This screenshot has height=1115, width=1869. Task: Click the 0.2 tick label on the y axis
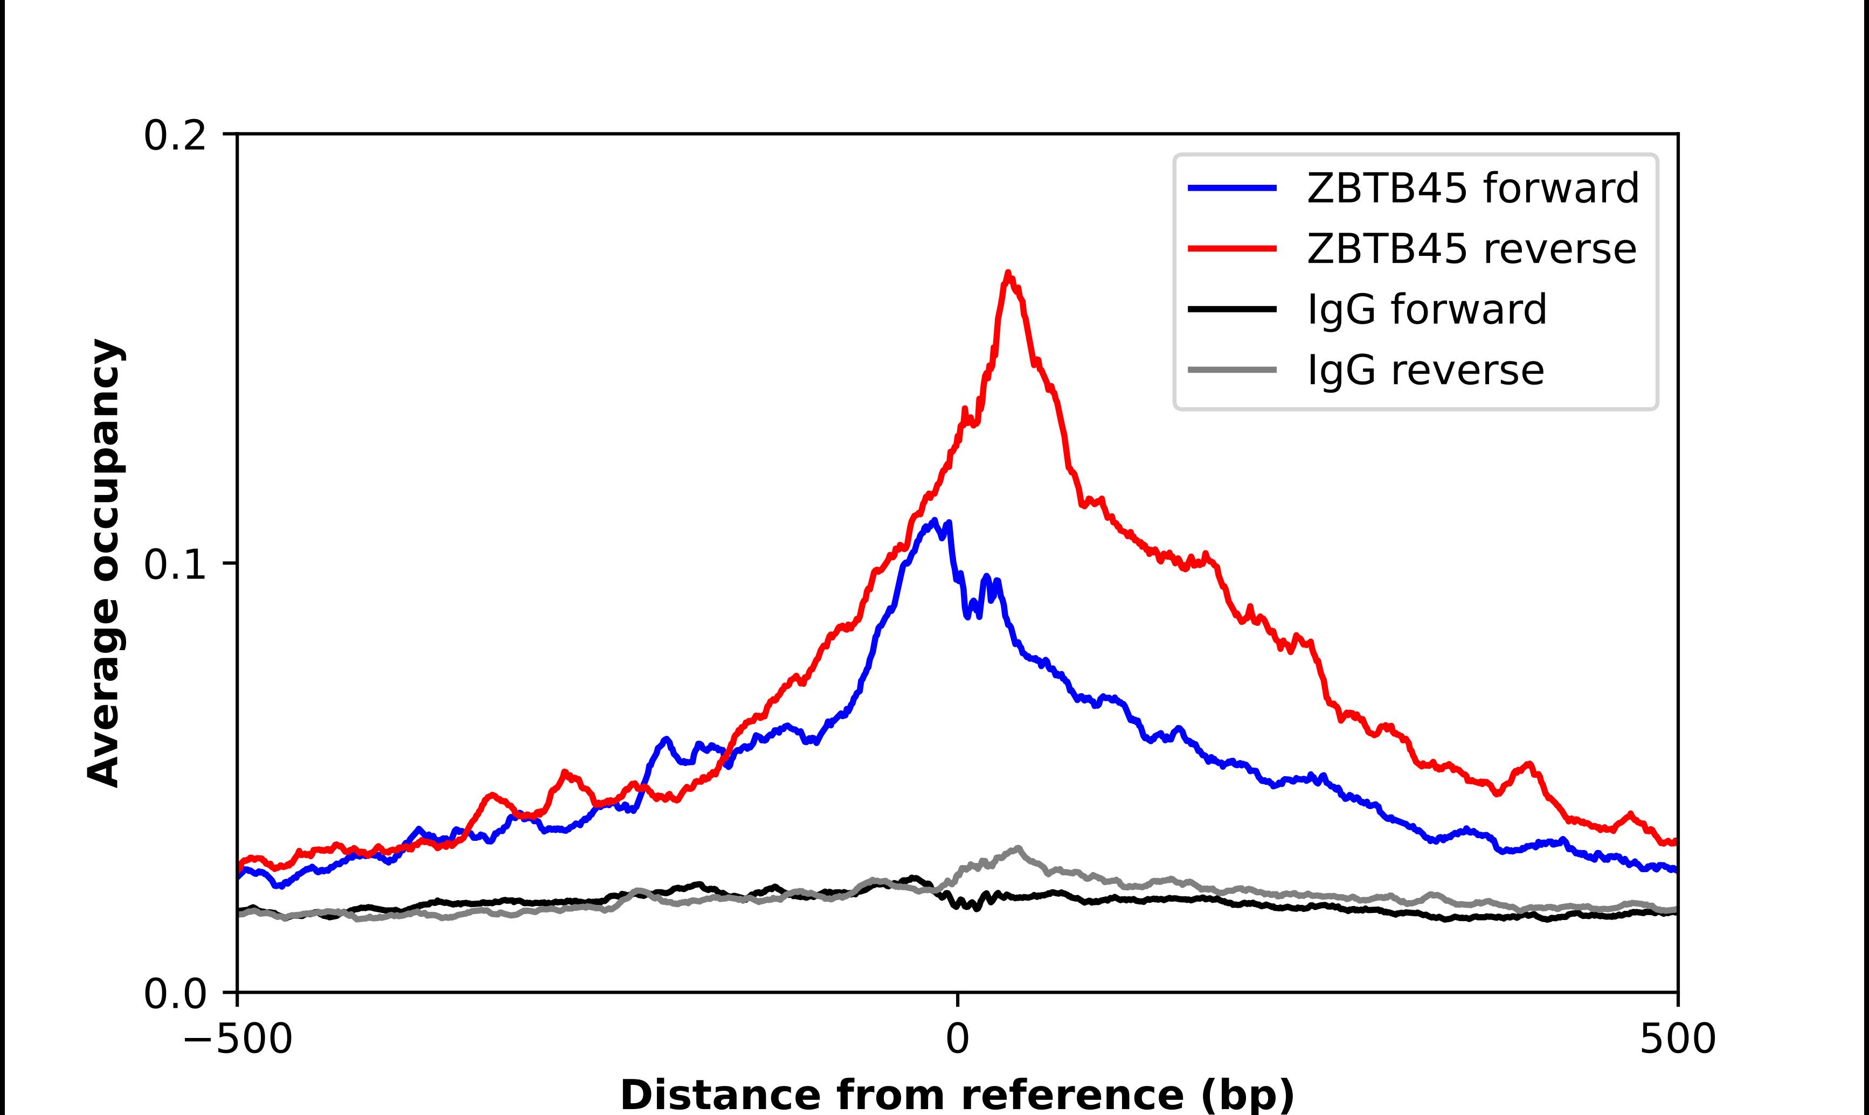[x=175, y=137]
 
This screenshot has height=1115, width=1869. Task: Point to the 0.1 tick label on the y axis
[x=175, y=565]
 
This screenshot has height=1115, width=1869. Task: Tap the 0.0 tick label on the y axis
[x=175, y=994]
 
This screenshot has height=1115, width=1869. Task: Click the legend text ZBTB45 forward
[x=1473, y=188]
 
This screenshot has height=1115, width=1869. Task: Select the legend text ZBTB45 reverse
[x=1471, y=249]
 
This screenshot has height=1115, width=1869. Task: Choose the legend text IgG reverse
[x=1425, y=370]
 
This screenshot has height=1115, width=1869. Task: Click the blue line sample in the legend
[x=1232, y=188]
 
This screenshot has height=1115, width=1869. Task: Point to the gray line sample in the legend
[x=1232, y=370]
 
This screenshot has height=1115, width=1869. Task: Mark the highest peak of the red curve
[x=1008, y=274]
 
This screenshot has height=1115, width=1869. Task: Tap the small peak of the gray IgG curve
[x=1018, y=848]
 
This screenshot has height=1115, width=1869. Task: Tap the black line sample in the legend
[x=1232, y=309]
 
